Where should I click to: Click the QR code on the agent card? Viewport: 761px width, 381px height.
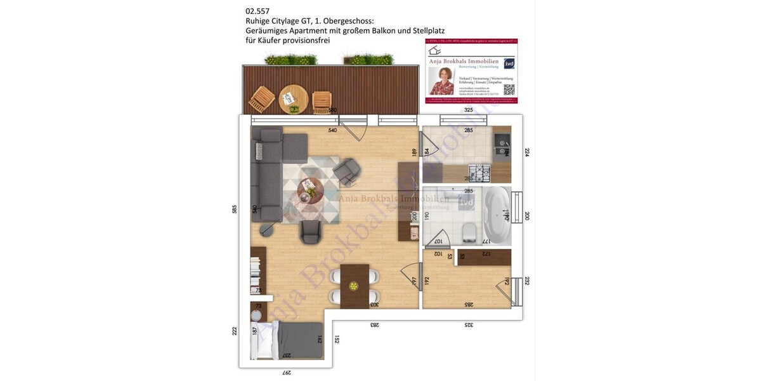click(509, 90)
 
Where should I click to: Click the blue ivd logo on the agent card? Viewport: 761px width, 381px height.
click(509, 63)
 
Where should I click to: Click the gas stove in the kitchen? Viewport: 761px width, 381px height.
click(477, 171)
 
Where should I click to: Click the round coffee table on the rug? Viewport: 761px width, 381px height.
click(309, 189)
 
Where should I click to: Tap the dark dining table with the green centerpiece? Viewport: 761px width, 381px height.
click(354, 286)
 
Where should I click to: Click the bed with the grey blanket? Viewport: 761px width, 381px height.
click(289, 341)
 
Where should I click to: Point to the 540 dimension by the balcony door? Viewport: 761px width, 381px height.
click(332, 130)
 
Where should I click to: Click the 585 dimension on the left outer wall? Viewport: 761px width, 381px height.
click(234, 209)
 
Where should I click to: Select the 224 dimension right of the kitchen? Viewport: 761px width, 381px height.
click(526, 152)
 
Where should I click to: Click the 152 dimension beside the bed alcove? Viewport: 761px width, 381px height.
click(337, 339)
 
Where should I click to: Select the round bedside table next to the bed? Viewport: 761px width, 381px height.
click(256, 316)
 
